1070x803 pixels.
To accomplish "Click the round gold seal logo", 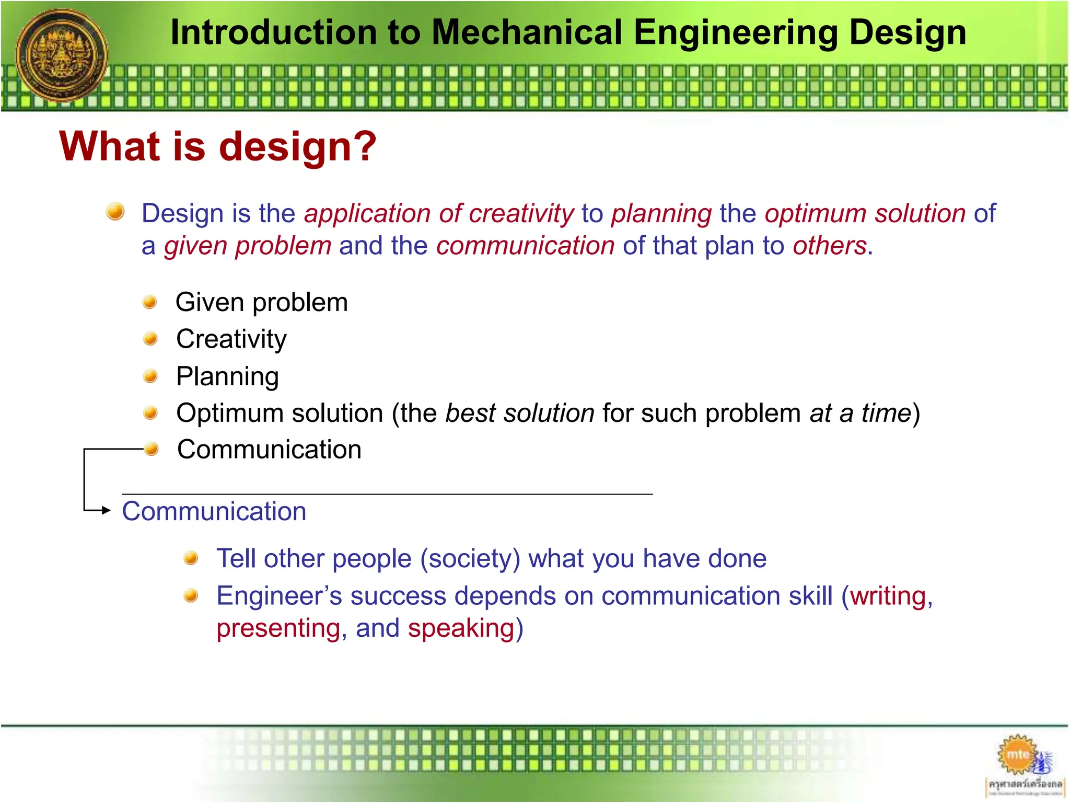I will [61, 55].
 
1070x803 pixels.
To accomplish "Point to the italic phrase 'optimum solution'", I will [865, 214].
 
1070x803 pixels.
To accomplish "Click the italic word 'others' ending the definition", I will [829, 246].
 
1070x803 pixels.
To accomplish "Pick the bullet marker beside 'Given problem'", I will [150, 302].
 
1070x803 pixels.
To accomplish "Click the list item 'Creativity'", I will [231, 339].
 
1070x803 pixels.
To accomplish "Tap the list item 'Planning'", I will [227, 376].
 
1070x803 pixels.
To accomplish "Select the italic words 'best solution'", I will [519, 413].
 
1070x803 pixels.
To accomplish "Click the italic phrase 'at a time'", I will [860, 413].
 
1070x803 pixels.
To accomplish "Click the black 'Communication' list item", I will [269, 450].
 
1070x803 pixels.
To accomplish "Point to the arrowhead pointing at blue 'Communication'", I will [106, 510].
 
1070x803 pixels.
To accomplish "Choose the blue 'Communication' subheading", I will [214, 511].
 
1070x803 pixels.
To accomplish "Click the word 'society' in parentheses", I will [470, 559].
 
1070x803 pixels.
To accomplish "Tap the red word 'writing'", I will [888, 596].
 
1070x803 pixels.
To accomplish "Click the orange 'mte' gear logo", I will [1017, 755].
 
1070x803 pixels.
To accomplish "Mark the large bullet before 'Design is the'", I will [115, 212].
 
